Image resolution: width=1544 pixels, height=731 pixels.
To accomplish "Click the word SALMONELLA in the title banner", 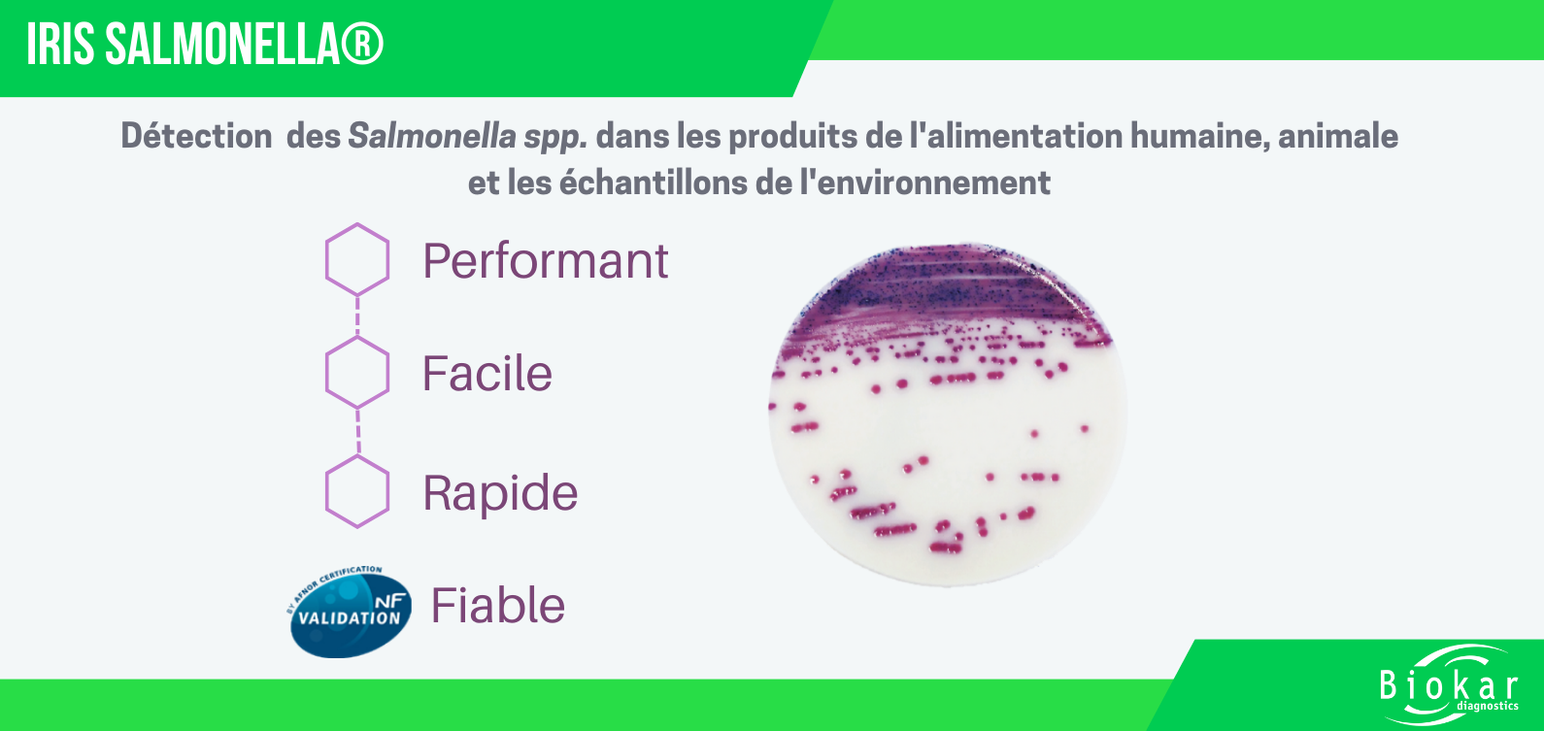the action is [x=222, y=45].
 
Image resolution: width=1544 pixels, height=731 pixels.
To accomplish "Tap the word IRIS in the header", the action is [x=60, y=45].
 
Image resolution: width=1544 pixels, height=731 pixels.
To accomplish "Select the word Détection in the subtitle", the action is [x=196, y=136].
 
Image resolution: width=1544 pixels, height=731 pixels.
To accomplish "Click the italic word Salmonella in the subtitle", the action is [x=431, y=136].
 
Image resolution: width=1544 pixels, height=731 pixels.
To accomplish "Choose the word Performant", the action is [x=545, y=261].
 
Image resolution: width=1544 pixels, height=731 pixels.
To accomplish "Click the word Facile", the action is [x=487, y=374].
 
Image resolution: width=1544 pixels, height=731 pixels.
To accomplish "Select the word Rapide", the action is [x=500, y=493].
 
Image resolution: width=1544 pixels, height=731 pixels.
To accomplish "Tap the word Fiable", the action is [x=497, y=606].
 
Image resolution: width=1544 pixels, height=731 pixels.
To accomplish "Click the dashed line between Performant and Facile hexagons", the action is [x=357, y=316].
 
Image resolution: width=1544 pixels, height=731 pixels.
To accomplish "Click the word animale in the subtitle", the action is [x=1338, y=136].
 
